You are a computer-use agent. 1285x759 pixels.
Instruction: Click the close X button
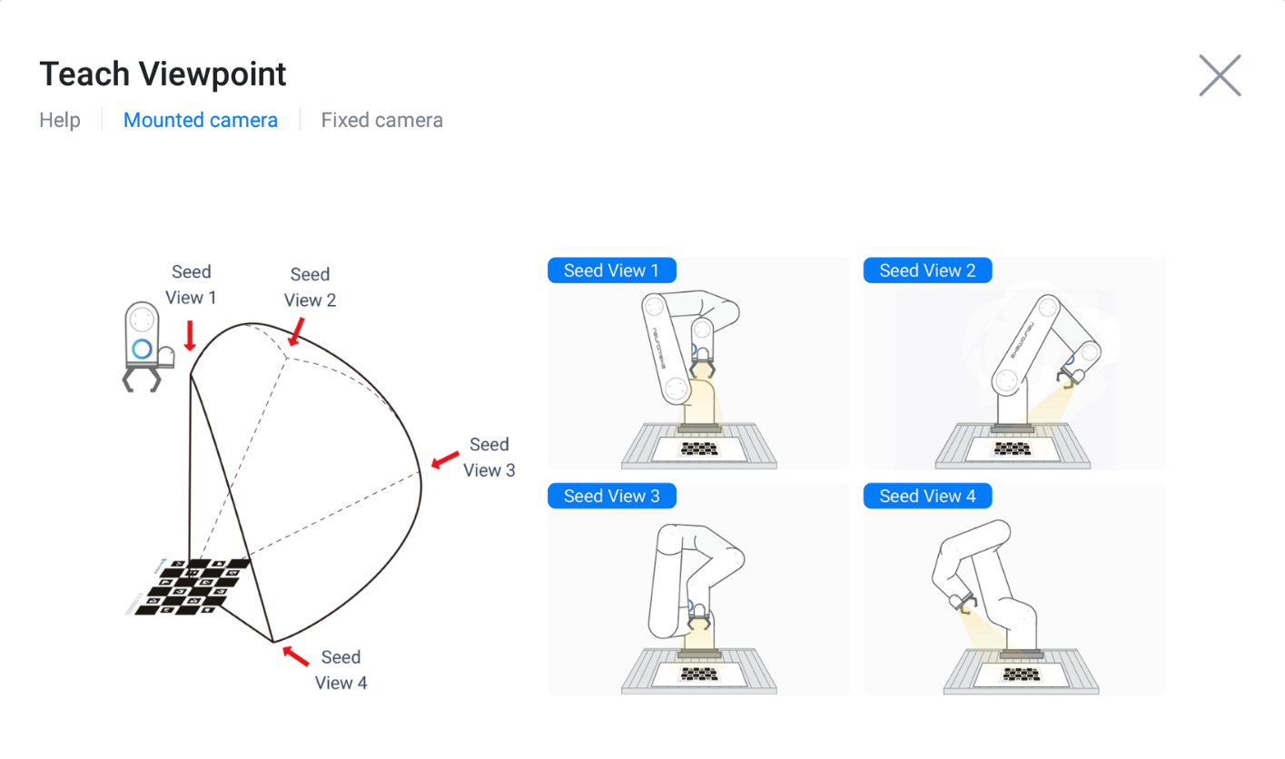click(1220, 75)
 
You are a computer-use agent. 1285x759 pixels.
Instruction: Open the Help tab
click(60, 120)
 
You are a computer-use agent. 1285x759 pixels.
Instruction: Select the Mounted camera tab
click(200, 120)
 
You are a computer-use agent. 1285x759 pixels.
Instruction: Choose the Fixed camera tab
click(381, 120)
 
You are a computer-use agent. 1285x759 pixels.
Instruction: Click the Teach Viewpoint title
click(163, 74)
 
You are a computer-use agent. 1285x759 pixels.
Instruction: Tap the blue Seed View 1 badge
click(611, 271)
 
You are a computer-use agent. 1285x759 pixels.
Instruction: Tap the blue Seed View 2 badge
click(927, 271)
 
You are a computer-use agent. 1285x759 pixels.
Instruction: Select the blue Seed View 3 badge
click(611, 496)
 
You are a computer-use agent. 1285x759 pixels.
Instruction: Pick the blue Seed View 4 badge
click(927, 496)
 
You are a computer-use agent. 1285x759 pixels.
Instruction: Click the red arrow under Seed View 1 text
click(191, 336)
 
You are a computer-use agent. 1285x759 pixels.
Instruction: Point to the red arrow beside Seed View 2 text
click(296, 332)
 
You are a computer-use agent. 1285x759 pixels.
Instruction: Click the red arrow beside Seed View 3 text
click(445, 460)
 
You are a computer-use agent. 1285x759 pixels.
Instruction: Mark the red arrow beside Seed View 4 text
click(295, 655)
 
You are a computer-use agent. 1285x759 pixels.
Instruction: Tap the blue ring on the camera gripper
click(142, 349)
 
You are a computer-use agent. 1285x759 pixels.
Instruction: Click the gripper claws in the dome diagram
click(141, 379)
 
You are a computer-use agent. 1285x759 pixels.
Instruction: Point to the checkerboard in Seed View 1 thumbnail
click(699, 448)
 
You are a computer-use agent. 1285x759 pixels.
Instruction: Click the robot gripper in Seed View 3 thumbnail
click(699, 619)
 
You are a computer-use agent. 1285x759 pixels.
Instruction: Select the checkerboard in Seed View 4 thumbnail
click(1021, 674)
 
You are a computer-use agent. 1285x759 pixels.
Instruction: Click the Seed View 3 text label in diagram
click(489, 458)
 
